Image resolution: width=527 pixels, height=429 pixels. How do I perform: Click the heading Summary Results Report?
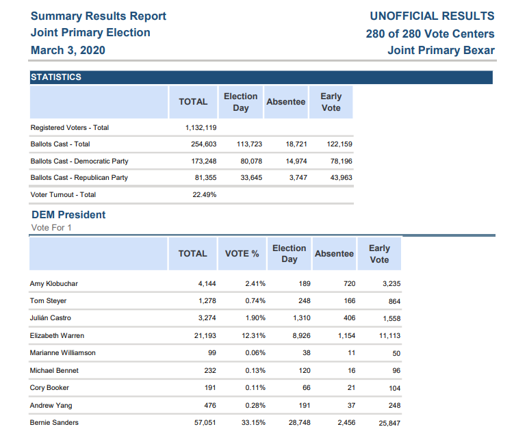tap(99, 16)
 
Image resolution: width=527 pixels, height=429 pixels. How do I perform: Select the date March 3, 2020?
tap(68, 50)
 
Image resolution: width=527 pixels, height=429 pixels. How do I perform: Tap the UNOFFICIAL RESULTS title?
tap(432, 16)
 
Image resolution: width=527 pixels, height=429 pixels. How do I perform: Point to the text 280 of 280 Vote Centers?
tap(430, 34)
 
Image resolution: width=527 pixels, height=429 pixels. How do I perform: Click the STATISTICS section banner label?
tap(56, 77)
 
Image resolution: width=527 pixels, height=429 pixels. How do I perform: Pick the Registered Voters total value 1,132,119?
tap(201, 128)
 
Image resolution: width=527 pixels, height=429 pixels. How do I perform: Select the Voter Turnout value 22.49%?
tap(205, 195)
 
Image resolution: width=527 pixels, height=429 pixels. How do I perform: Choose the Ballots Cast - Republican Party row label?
tap(79, 178)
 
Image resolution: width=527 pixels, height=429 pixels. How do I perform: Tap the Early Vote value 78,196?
tap(341, 161)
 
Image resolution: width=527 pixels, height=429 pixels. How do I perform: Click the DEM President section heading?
tap(68, 215)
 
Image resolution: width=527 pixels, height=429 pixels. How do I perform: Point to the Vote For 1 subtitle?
tap(51, 228)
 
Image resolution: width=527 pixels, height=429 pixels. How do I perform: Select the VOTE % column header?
tap(242, 254)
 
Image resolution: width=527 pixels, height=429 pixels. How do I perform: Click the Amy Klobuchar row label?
tap(54, 284)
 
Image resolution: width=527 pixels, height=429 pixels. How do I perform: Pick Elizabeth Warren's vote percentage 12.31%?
tap(254, 336)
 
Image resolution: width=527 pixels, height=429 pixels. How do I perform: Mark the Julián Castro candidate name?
tap(51, 318)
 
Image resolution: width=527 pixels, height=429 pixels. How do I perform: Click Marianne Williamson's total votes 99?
tap(211, 353)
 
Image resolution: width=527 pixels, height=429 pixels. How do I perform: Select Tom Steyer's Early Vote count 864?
tap(394, 301)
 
